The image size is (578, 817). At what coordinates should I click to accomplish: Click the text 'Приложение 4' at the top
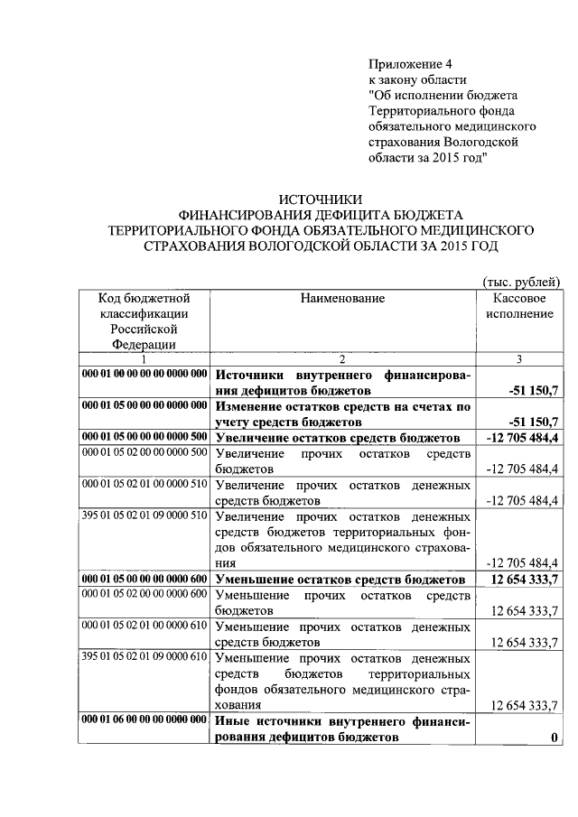409,63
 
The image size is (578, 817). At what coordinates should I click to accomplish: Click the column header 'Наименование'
342,298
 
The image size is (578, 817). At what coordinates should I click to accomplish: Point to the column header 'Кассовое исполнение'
519,306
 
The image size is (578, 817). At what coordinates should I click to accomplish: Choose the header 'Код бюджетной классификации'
144,305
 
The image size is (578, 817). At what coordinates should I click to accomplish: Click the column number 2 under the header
343,359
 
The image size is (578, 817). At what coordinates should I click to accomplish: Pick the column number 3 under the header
519,359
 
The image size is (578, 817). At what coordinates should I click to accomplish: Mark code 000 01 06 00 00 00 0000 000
144,720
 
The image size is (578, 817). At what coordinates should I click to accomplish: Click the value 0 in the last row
554,738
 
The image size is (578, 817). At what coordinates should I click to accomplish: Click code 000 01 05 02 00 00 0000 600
144,593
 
